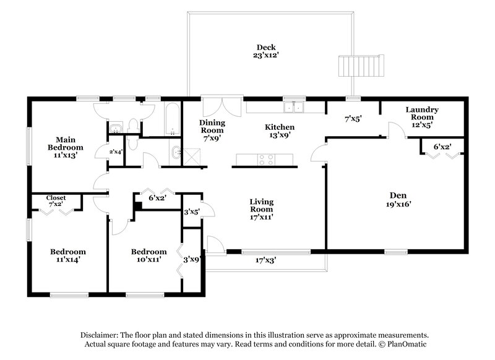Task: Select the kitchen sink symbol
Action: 293,107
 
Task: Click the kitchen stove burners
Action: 267,158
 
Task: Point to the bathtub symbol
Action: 172,119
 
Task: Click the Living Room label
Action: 262,209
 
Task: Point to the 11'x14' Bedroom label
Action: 68,255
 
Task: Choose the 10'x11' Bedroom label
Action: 148,255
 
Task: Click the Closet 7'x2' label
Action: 56,200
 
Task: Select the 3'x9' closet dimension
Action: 191,260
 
